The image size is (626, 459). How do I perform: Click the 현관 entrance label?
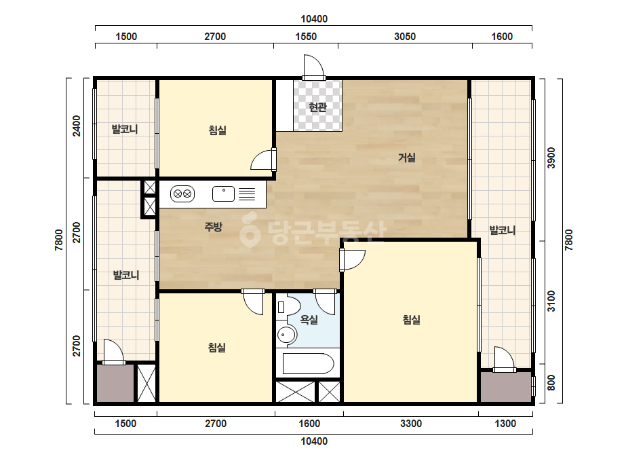point(318,107)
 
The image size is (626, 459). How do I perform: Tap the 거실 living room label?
point(407,158)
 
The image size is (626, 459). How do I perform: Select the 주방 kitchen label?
point(213,227)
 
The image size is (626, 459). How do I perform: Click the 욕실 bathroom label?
point(309,319)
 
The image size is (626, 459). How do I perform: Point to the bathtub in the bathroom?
point(308,363)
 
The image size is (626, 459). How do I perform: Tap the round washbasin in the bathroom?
point(286,334)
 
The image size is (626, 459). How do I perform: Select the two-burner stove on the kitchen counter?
point(182,194)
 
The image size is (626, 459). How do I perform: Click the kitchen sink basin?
point(224,194)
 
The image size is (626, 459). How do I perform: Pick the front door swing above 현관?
point(313,67)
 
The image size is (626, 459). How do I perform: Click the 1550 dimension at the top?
point(306,37)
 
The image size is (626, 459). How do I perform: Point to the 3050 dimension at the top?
point(405,37)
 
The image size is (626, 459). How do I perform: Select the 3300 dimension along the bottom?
point(411,424)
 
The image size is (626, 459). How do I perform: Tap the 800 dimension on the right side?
point(551,383)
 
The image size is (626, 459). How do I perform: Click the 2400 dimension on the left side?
point(76,126)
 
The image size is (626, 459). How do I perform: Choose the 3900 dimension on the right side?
point(551,158)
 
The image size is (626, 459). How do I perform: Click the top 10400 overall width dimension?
point(314,19)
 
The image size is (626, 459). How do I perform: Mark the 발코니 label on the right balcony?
point(503,230)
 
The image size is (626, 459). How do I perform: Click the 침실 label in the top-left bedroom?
point(218,130)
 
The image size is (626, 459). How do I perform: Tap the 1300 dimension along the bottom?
point(505,424)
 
